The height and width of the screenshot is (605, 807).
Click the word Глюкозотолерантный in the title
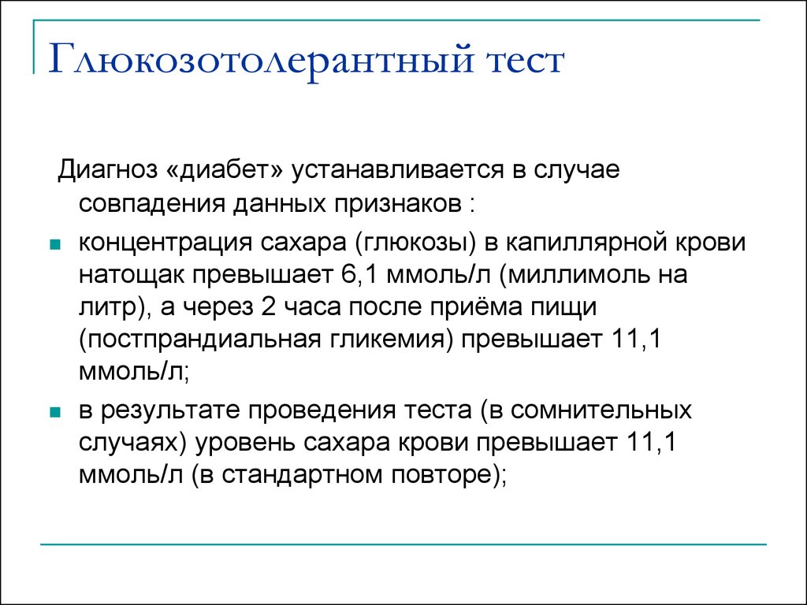pyautogui.click(x=260, y=61)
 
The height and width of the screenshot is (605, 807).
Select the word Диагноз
pyautogui.click(x=107, y=171)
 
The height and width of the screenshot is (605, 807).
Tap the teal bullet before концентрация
pyautogui.click(x=54, y=244)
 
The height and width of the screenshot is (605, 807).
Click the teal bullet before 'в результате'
pyautogui.click(x=54, y=412)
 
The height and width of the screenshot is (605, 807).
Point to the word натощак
pyautogui.click(x=132, y=276)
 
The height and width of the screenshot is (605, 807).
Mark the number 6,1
pyautogui.click(x=359, y=275)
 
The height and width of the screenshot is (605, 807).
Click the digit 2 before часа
pyautogui.click(x=268, y=307)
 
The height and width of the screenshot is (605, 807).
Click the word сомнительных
pyautogui.click(x=601, y=411)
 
